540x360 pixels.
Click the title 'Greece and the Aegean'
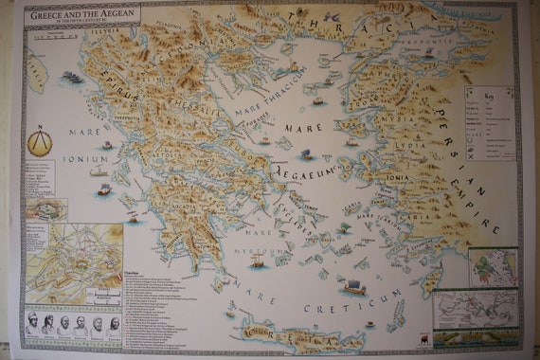point(82,15)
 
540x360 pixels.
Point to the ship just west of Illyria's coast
point(72,77)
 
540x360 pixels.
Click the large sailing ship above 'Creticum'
point(353,285)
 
